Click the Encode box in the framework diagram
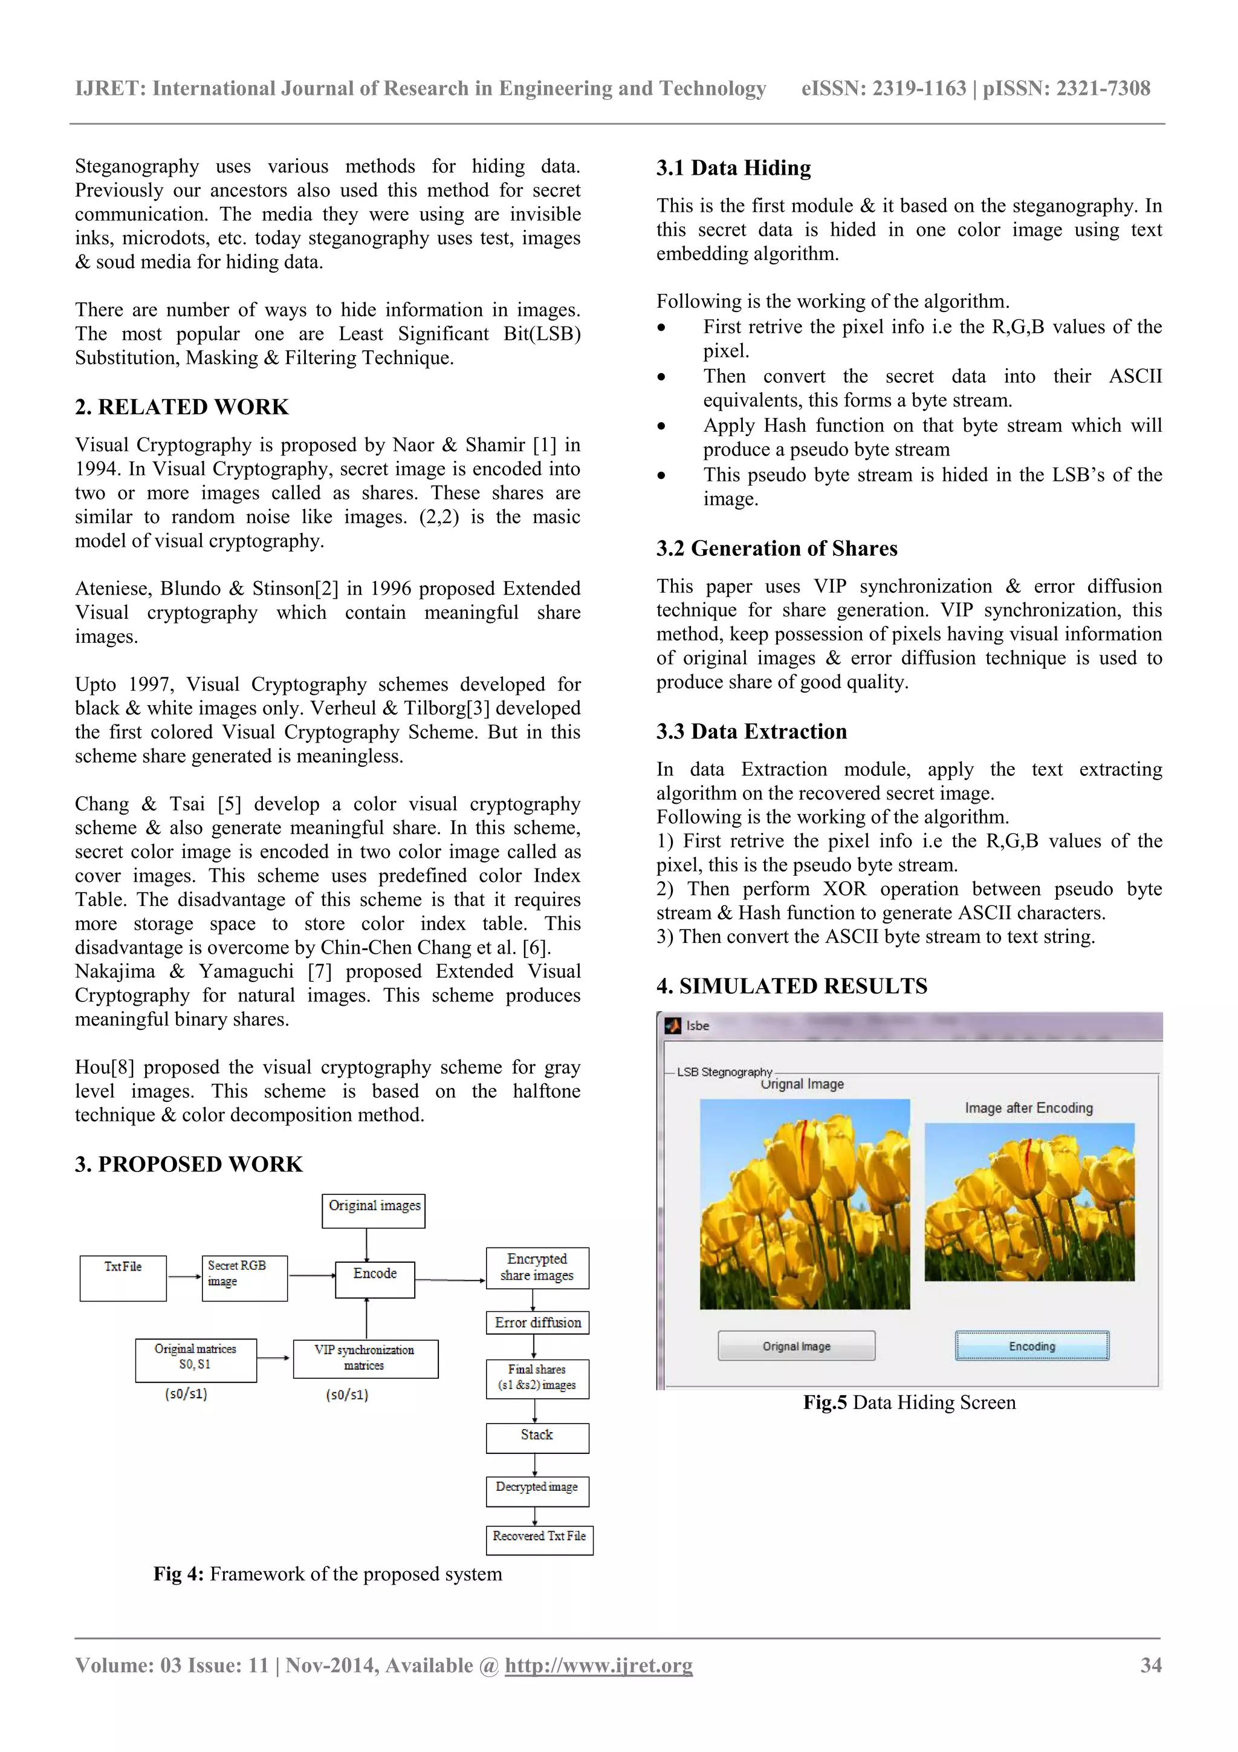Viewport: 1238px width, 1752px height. click(375, 1279)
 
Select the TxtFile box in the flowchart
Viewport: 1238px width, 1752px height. click(123, 1278)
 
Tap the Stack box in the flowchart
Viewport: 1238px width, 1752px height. click(537, 1438)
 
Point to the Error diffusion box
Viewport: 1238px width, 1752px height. click(537, 1323)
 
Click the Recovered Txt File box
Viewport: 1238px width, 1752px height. click(539, 1539)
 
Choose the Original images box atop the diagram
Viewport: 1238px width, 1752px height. click(374, 1210)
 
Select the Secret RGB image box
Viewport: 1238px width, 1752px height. click(244, 1277)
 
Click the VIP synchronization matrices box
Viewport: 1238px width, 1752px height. click(365, 1358)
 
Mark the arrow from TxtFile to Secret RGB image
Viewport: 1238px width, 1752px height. click(184, 1277)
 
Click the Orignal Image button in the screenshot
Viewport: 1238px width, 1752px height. click(796, 1346)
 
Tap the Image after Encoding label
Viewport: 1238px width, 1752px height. click(1028, 1108)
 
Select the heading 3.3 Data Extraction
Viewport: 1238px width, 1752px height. click(751, 731)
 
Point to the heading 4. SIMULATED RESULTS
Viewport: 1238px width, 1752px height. click(792, 986)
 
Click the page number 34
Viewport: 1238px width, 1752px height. click(1150, 1665)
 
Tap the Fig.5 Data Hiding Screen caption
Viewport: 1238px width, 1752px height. click(909, 1402)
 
